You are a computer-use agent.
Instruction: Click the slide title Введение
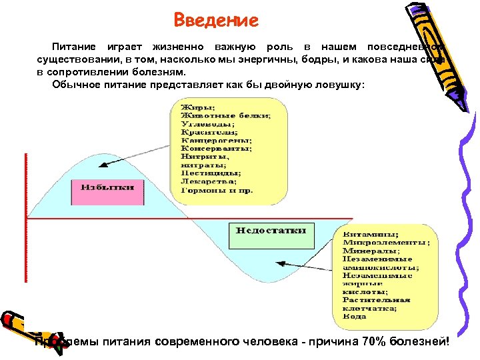[x=215, y=20]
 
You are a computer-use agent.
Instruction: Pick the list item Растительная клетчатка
[x=376, y=304]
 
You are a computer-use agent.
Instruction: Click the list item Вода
[x=354, y=317]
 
